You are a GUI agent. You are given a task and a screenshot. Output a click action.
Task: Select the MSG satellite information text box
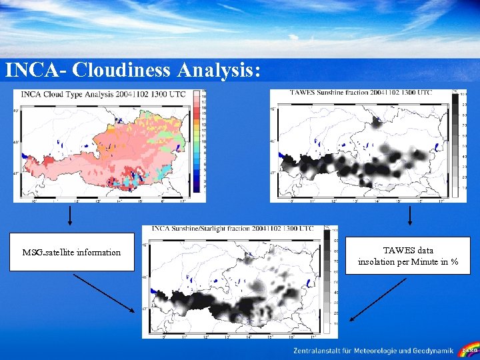coord(71,252)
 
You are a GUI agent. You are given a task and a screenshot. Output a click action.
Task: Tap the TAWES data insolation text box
coord(408,255)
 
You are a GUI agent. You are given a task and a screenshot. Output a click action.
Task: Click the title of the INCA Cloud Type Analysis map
coord(103,95)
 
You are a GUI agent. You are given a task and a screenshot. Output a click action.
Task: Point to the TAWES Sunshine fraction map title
coord(361,92)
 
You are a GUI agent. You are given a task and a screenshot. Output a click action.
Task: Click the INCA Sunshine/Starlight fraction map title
coord(232,229)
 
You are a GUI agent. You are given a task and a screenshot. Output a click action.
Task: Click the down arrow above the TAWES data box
coord(409,215)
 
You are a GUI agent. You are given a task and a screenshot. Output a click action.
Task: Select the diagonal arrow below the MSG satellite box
coord(103,292)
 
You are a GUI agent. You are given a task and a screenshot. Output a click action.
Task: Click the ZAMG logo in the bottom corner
coord(470,350)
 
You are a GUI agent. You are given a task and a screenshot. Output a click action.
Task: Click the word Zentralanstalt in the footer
coord(317,351)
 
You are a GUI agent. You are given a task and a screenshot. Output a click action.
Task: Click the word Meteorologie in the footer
coord(377,351)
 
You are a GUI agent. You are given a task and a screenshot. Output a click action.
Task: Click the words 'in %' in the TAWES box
coord(449,262)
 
